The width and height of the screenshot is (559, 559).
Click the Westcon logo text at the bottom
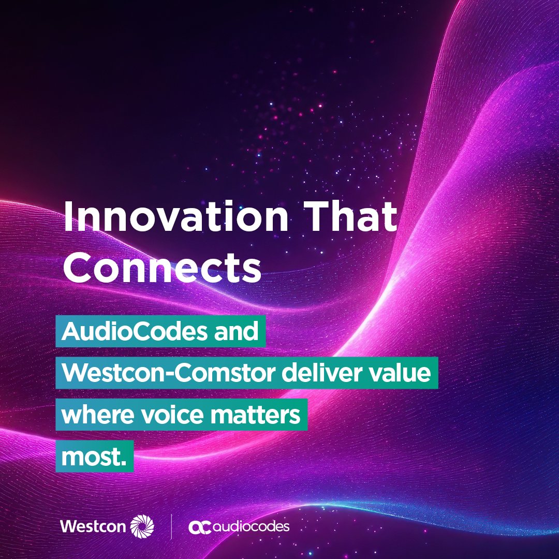pyautogui.click(x=93, y=526)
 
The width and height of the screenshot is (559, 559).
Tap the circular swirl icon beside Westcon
pyautogui.click(x=142, y=526)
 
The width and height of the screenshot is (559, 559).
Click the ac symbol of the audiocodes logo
pyautogui.click(x=200, y=527)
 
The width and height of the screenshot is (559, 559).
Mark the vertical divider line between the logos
pyautogui.click(x=171, y=526)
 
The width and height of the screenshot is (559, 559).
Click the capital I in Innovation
pyautogui.click(x=68, y=217)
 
